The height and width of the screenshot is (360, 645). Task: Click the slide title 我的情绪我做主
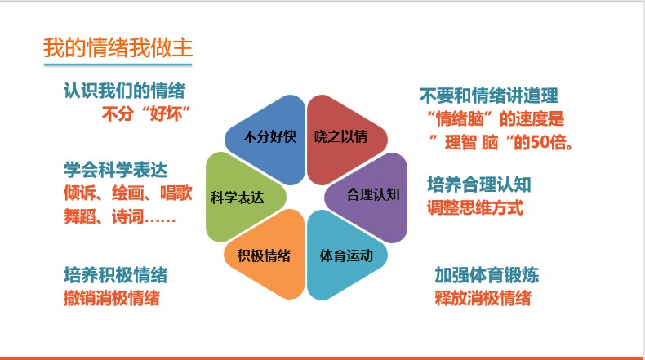[x=118, y=47]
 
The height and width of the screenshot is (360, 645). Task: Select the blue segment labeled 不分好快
[x=269, y=138]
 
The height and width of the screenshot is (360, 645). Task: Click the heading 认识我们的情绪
[x=124, y=91]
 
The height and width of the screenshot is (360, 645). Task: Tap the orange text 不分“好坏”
[x=146, y=113]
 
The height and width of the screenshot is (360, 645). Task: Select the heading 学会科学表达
[x=116, y=170]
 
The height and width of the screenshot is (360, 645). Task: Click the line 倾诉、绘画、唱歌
[x=128, y=193]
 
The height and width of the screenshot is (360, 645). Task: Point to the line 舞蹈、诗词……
[x=120, y=216]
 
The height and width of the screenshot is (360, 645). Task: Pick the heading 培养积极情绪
[x=116, y=275]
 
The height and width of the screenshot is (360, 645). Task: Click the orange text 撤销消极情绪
[x=112, y=298]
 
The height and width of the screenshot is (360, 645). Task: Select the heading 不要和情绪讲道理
[x=489, y=96]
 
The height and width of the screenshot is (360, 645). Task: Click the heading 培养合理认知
[x=479, y=184]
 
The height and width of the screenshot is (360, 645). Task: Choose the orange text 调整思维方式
[x=475, y=207]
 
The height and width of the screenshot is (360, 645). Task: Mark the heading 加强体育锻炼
[x=487, y=275]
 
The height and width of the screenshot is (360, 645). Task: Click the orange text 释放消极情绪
[x=483, y=298]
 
